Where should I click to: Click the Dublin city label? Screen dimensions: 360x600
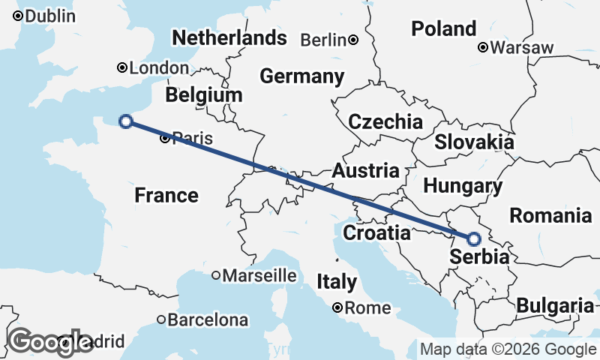(x=51, y=16)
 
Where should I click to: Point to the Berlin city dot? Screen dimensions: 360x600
(x=352, y=40)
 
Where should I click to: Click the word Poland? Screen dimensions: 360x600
(x=444, y=29)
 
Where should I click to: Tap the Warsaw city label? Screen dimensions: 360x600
(x=523, y=48)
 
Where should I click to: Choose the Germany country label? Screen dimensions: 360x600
(x=301, y=76)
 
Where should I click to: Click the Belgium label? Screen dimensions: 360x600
(x=204, y=95)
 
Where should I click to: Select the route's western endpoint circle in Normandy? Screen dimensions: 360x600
(x=126, y=121)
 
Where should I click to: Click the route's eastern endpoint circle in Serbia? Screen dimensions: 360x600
(x=474, y=239)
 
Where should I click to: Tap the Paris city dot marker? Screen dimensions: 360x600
(x=165, y=138)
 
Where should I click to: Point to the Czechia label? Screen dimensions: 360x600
(x=385, y=121)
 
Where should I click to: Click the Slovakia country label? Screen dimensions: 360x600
(x=474, y=142)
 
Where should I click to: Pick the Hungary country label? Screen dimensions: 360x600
(x=463, y=186)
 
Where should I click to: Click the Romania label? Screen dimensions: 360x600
(x=550, y=216)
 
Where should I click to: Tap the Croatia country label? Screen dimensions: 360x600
(x=376, y=233)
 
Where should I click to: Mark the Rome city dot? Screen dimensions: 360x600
(x=338, y=307)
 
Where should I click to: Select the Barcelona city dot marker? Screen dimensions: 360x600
(x=160, y=319)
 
